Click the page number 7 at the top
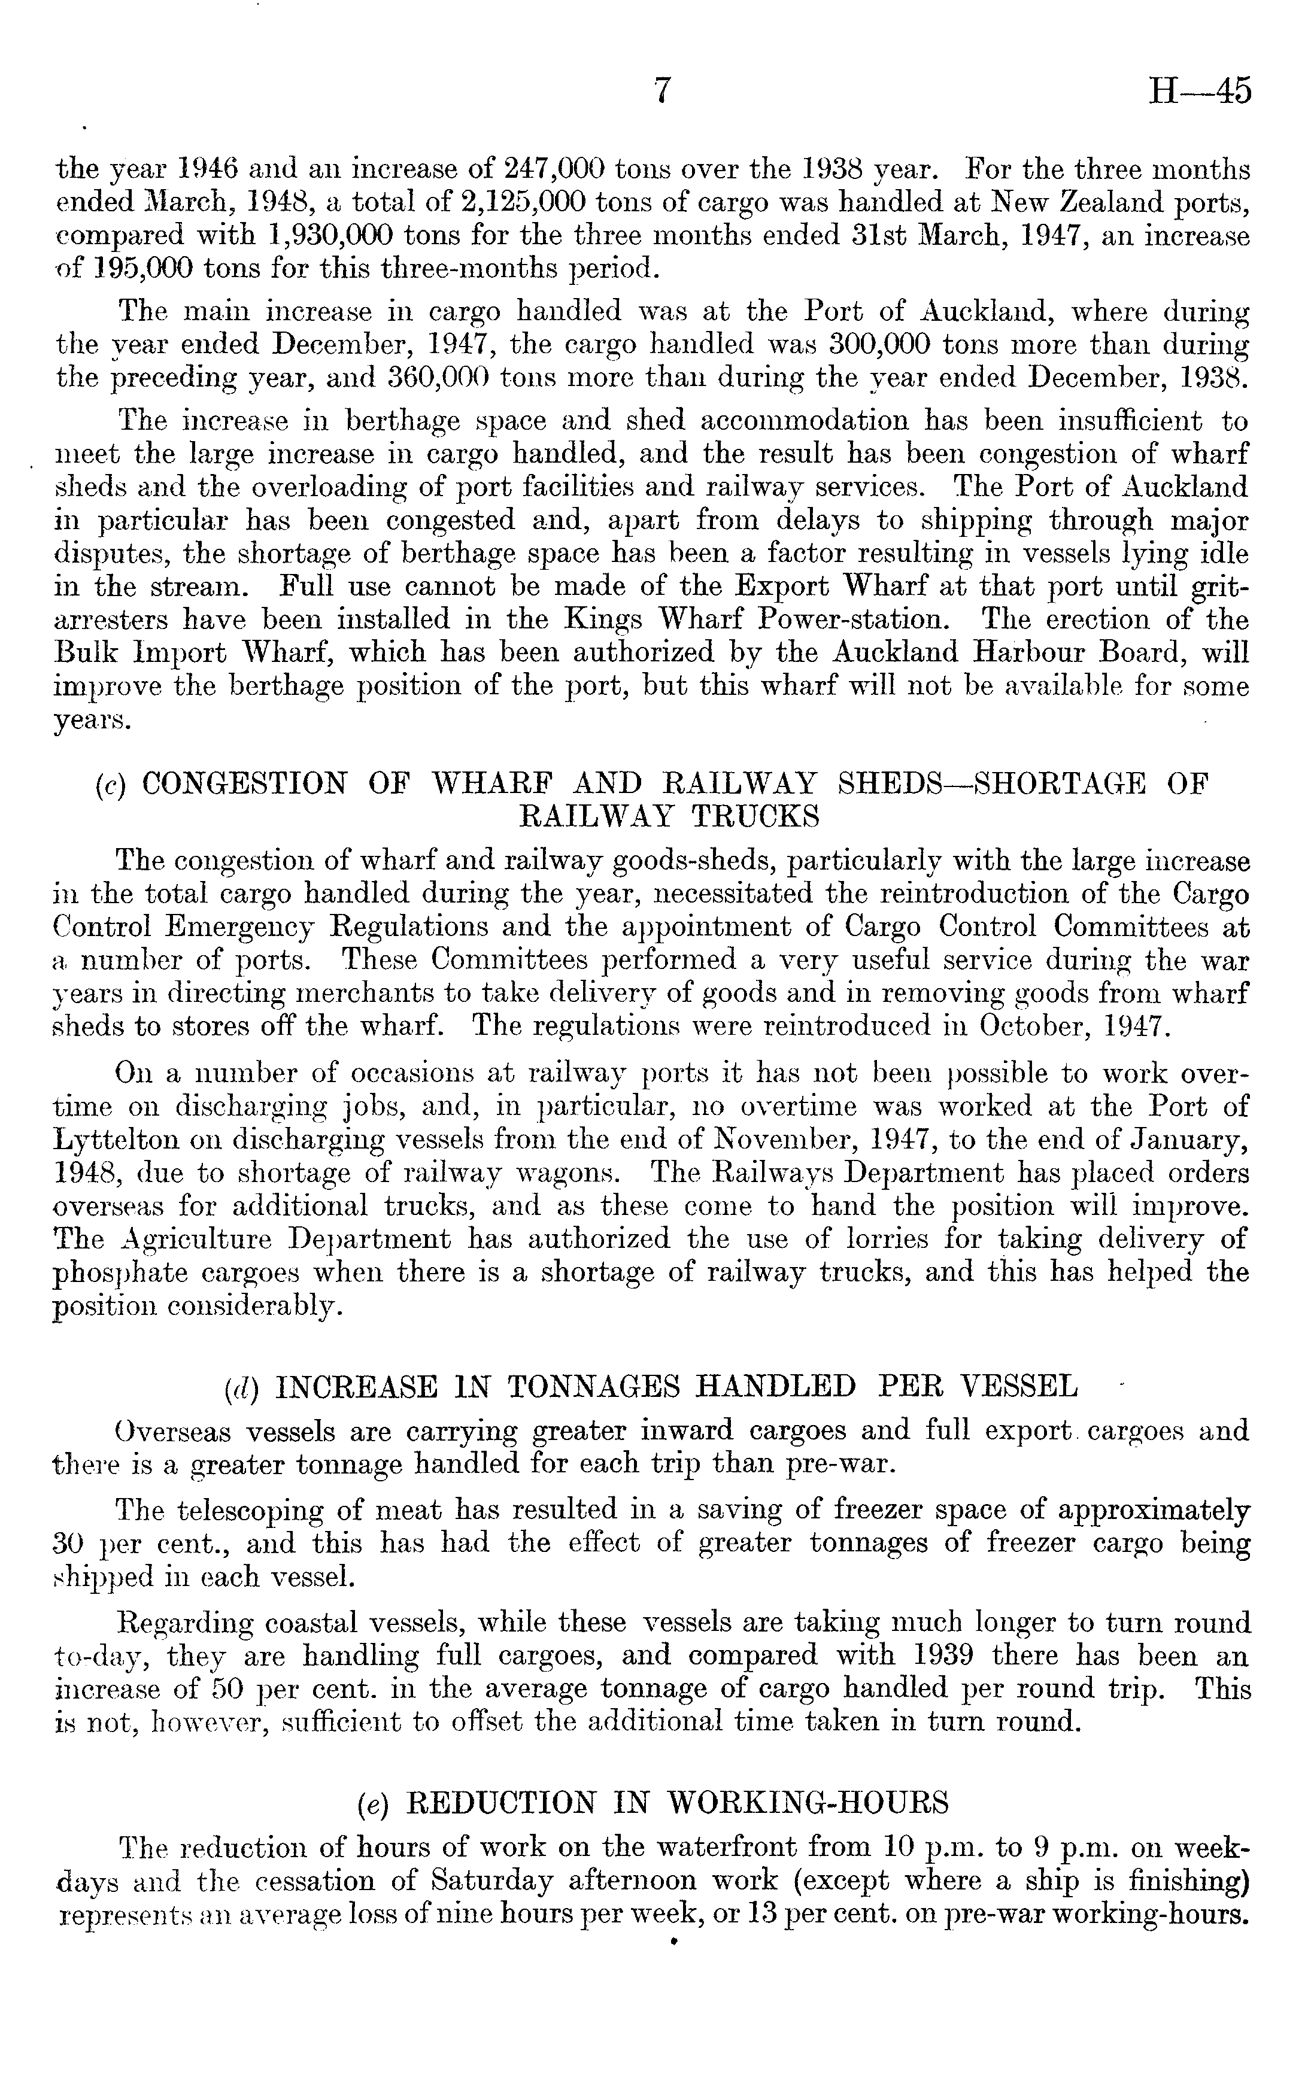[x=662, y=90]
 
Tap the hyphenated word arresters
[x=112, y=621]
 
